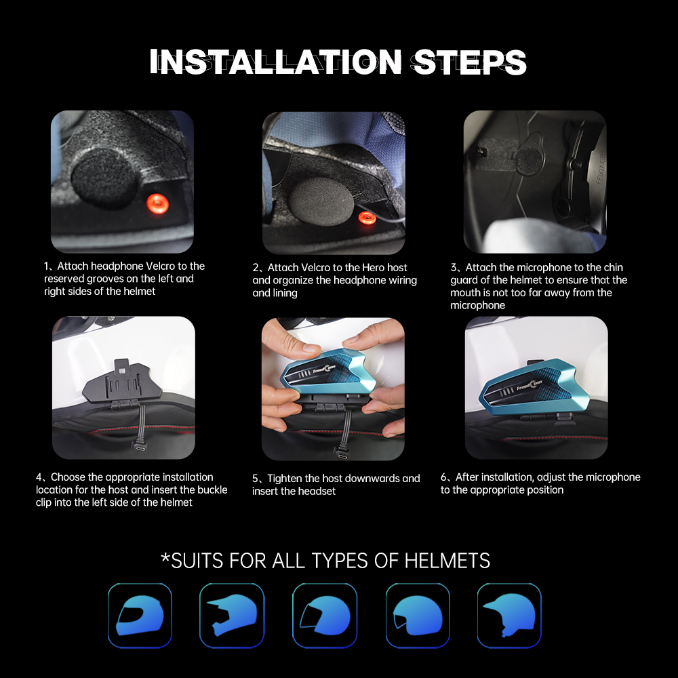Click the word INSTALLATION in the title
point(276,62)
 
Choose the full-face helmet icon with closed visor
point(140,615)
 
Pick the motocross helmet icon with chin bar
point(232,615)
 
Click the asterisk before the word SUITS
point(165,558)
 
